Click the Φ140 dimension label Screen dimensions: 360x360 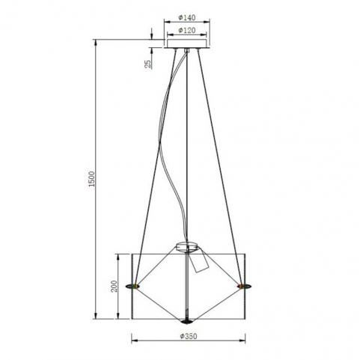pyautogui.click(x=187, y=18)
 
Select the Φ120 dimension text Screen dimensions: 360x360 pyautogui.click(x=187, y=31)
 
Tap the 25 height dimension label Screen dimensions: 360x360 pyautogui.click(x=148, y=64)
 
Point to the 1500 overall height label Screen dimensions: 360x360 pyautogui.click(x=91, y=179)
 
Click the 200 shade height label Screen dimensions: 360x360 pyautogui.click(x=114, y=286)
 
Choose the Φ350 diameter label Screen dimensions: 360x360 pyautogui.click(x=189, y=336)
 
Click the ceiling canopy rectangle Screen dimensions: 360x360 pyautogui.click(x=187, y=43)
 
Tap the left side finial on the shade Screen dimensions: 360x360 pyautogui.click(x=132, y=286)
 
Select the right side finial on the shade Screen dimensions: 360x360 pyautogui.click(x=245, y=286)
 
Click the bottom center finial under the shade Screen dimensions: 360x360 pyautogui.click(x=186, y=321)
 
